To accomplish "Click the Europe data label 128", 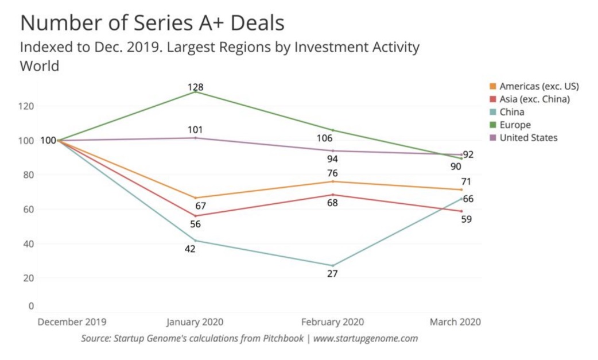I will click(195, 87).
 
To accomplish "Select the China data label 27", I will click(332, 273).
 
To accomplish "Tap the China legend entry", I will click(512, 112).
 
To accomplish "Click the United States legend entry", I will click(528, 137).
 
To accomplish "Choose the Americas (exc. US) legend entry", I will click(539, 87).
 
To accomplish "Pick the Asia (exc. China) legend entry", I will click(534, 99).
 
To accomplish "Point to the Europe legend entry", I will click(515, 125).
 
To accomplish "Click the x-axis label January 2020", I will click(195, 322).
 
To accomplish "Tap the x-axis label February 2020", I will click(332, 322).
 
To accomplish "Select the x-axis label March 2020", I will click(456, 322).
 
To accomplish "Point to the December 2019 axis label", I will click(72, 322).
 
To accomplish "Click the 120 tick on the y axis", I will click(28, 106).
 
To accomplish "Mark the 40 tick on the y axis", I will click(29, 243).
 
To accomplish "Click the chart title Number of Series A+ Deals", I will click(152, 23).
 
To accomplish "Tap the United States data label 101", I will click(195, 130).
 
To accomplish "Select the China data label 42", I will click(190, 249).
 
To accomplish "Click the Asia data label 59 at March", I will click(466, 219).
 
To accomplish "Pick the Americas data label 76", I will click(332, 173).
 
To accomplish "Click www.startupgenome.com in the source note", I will click(366, 338).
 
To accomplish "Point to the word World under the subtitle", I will click(40, 66).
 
